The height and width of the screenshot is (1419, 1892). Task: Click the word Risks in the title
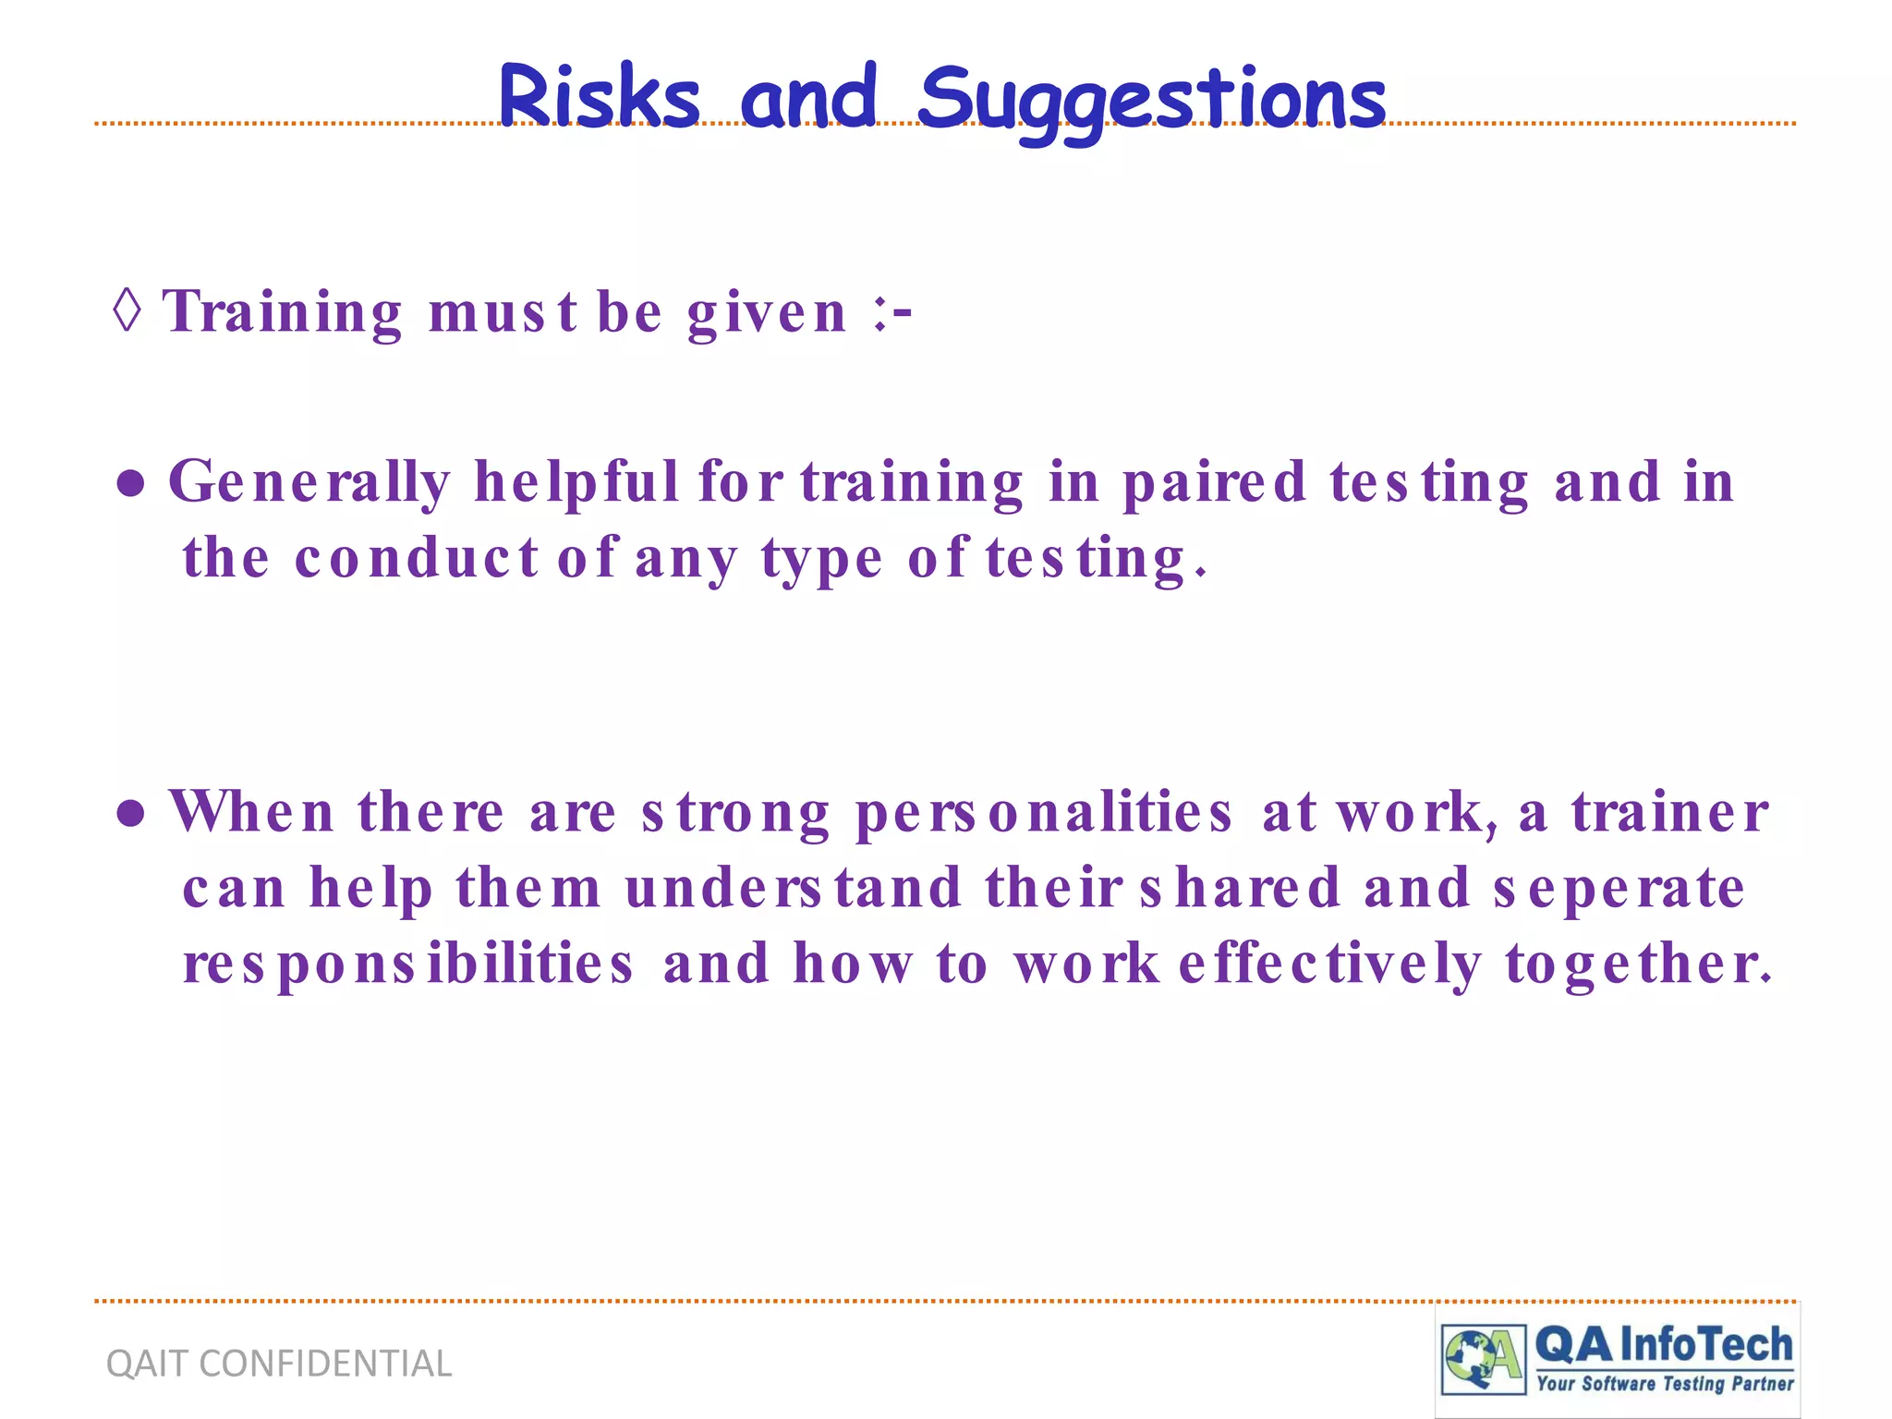coord(599,98)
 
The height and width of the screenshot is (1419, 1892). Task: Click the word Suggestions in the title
coord(1151,100)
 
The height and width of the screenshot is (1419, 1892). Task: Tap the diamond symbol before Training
coord(127,310)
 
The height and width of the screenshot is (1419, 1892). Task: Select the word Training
coord(283,312)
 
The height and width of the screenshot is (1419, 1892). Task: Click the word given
coord(767,314)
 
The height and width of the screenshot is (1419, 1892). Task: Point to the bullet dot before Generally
coord(131,484)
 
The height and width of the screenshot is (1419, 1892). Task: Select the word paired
coord(1214,484)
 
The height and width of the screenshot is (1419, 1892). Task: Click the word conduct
coord(416,560)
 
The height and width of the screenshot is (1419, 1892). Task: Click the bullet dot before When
coord(131,814)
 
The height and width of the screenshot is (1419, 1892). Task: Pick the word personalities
coord(1044,814)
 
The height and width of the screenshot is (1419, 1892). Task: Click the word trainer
coord(1670,812)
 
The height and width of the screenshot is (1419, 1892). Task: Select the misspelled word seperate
coord(1619,889)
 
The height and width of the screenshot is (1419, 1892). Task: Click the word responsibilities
coord(408,964)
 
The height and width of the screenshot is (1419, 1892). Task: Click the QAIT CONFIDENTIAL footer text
coord(279,1364)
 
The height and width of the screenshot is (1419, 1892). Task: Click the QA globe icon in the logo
coord(1483,1358)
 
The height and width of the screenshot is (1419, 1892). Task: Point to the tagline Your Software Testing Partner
coord(1665,1383)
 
